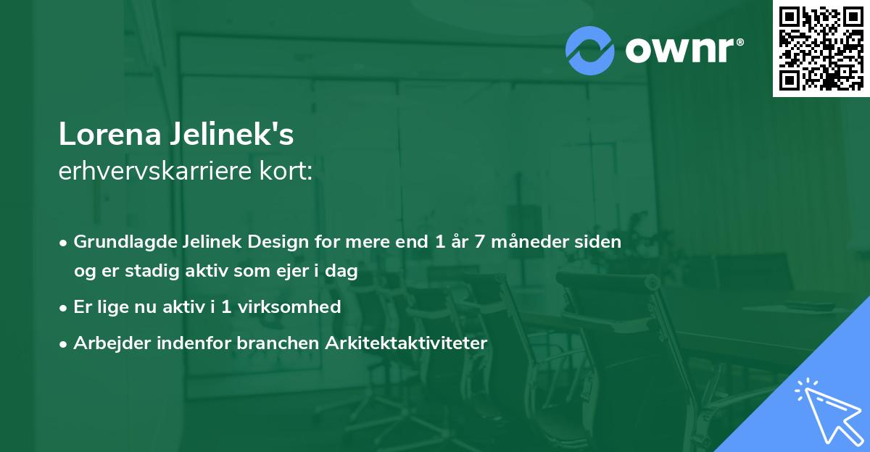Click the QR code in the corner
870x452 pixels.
[821, 48]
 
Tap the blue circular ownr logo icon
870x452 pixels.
[589, 51]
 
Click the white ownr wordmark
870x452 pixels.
[684, 50]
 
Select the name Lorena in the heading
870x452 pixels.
[110, 134]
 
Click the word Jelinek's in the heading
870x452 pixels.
[232, 134]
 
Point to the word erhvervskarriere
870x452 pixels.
[155, 171]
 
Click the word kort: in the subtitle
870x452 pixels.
[286, 171]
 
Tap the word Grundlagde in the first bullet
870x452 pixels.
[125, 242]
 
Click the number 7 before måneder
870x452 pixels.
[479, 242]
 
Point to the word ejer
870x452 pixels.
[292, 271]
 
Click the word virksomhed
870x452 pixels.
[289, 307]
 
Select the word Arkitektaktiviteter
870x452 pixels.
[406, 343]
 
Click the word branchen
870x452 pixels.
[278, 343]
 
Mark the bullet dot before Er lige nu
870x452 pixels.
[63, 309]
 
